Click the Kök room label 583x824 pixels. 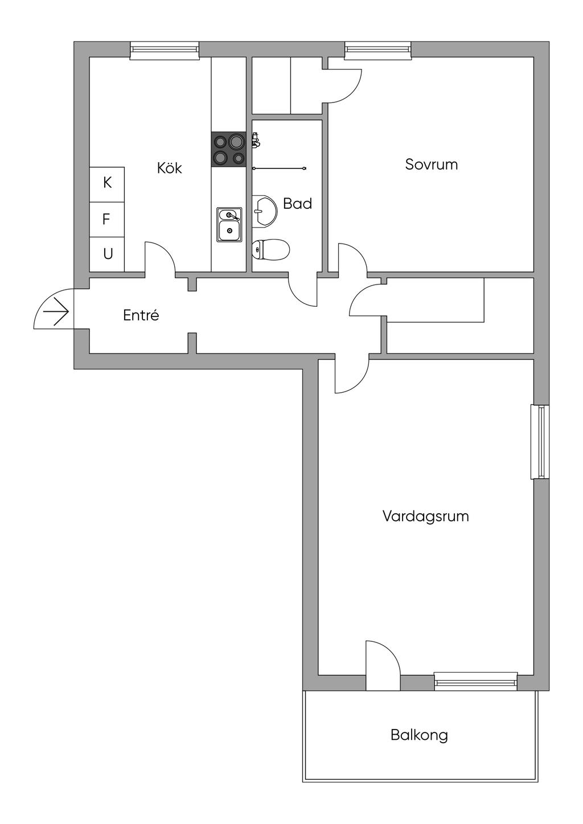pos(169,168)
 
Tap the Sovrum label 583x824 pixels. pos(431,164)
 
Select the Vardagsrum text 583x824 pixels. pos(425,517)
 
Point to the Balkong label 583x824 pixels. pos(419,735)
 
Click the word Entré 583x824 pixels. pos(141,315)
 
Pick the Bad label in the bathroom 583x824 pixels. pos(297,203)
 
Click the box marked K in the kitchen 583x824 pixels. pos(107,184)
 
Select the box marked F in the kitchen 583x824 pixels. pos(107,219)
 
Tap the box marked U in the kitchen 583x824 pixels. pos(107,254)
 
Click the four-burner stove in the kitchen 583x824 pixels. pos(229,149)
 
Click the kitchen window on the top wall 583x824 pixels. pos(165,50)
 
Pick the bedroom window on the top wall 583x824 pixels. pos(377,50)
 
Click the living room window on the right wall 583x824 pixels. pos(540,442)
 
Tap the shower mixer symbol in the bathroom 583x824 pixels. pos(256,140)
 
